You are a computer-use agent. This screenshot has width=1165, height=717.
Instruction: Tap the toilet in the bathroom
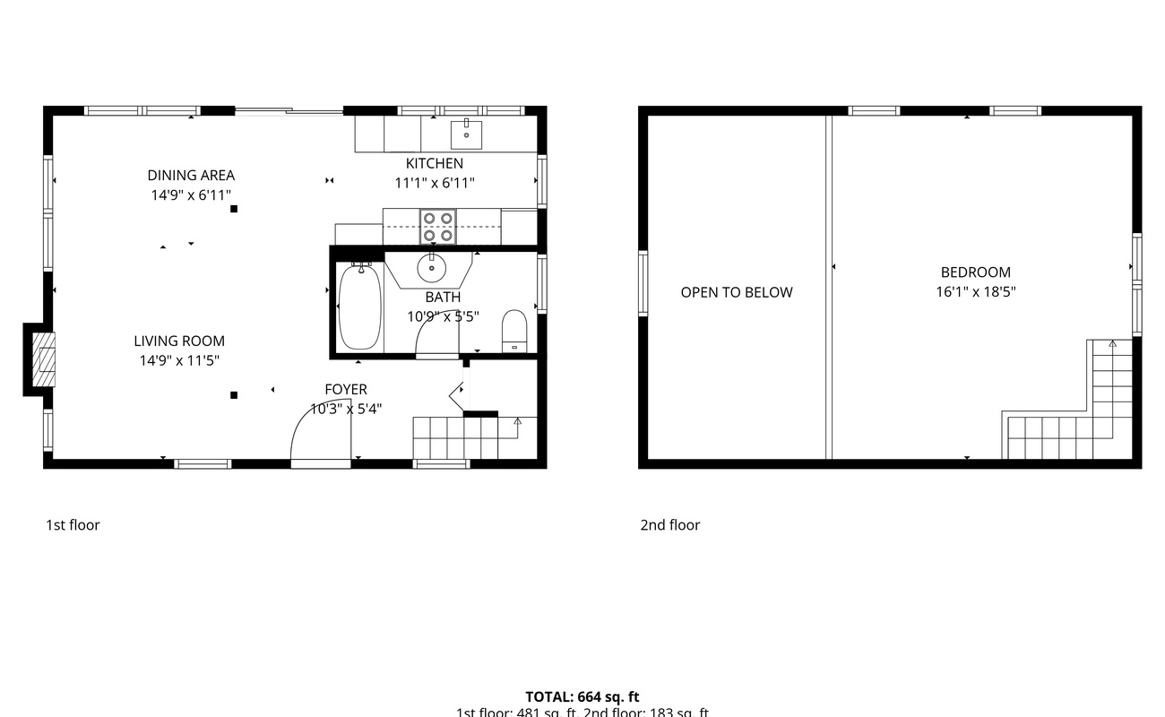(x=514, y=329)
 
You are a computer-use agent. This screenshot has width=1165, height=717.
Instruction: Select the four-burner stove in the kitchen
(x=437, y=227)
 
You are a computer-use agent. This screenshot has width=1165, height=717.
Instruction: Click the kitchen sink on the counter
(x=466, y=134)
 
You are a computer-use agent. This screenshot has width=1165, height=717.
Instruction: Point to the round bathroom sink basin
(x=431, y=267)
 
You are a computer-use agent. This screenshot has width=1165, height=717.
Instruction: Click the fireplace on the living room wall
(x=39, y=358)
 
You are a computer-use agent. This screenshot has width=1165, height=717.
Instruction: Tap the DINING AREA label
(x=191, y=176)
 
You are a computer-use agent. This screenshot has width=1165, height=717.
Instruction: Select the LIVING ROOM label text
(x=179, y=341)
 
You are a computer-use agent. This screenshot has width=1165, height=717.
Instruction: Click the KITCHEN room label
(x=435, y=163)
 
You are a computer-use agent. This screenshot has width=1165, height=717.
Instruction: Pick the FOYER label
(x=346, y=389)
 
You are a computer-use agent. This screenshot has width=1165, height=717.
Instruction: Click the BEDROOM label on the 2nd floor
(x=975, y=272)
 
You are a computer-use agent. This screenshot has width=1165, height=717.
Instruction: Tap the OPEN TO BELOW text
(x=737, y=292)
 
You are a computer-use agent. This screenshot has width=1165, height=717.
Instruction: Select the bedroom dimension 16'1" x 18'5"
(x=975, y=291)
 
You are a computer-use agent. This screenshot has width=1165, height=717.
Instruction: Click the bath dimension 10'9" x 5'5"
(x=443, y=316)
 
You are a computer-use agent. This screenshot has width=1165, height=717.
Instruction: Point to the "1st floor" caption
(x=73, y=525)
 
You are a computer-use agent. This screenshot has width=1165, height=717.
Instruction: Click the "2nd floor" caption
(x=669, y=525)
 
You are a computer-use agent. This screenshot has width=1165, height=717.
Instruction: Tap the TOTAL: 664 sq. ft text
(x=582, y=696)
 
